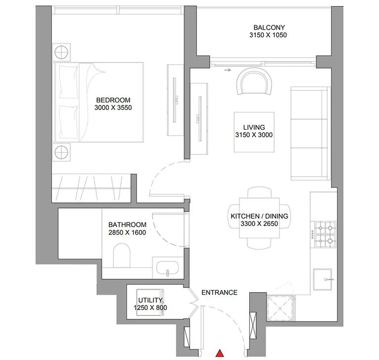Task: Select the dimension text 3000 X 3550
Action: click(x=114, y=107)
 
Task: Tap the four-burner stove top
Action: click(x=325, y=235)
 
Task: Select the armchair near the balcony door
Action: click(x=255, y=81)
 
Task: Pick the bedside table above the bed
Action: click(x=62, y=51)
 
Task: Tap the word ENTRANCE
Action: click(x=219, y=293)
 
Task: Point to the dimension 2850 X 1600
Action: click(x=127, y=232)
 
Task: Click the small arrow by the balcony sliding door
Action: click(x=228, y=70)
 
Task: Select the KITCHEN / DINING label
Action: click(x=259, y=216)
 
